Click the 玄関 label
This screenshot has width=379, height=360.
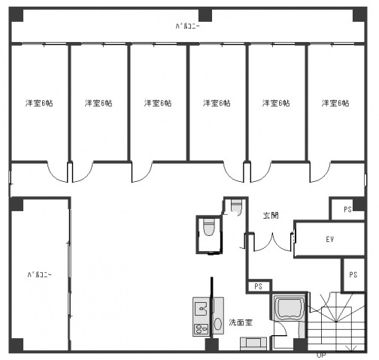click(271, 215)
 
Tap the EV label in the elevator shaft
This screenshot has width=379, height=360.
click(329, 240)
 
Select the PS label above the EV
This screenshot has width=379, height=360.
click(347, 209)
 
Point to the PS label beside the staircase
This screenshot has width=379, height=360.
click(352, 274)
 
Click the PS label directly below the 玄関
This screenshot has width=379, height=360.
click(258, 286)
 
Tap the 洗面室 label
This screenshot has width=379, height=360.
click(241, 322)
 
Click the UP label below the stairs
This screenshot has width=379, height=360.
click(321, 354)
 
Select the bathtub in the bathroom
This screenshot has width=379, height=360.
click(289, 310)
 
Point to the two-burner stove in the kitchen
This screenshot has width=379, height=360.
click(201, 328)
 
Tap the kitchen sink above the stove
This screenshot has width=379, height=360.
click(201, 307)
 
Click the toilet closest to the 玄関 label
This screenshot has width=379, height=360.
click(235, 204)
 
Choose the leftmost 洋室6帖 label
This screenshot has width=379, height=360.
click(39, 103)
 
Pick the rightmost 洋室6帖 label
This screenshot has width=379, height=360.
click(335, 103)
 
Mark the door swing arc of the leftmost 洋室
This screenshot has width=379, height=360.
click(58, 174)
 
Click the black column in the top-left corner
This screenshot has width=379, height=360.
click(17, 16)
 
